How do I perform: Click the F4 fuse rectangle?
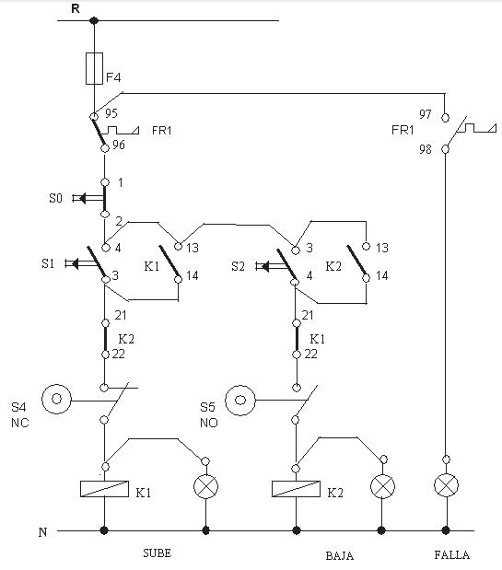(x=94, y=68)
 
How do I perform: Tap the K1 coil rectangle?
(x=104, y=489)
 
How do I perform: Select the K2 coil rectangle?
(x=296, y=489)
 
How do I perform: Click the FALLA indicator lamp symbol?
(x=446, y=485)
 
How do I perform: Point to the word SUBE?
(x=157, y=553)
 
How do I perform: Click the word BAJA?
(x=340, y=556)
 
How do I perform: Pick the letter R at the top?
(x=76, y=8)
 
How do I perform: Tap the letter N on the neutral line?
(x=43, y=532)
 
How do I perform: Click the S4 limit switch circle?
(x=56, y=399)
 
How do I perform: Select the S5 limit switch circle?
(x=239, y=401)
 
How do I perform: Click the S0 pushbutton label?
(x=55, y=198)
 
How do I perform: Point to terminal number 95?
(x=111, y=113)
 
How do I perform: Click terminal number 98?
(x=426, y=149)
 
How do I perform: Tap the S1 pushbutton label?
(x=48, y=263)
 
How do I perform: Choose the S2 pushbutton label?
(x=238, y=266)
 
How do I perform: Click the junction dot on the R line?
(x=94, y=21)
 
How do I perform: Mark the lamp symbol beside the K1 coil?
(x=205, y=486)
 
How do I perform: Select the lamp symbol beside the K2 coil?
(x=382, y=486)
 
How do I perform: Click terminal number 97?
(x=426, y=114)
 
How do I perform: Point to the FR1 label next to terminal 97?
(x=403, y=130)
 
